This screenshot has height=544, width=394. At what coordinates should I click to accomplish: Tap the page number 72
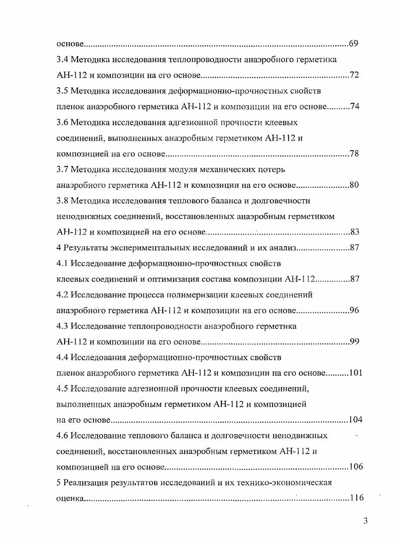coord(354,76)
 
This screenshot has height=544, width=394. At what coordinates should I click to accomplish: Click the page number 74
coord(354,107)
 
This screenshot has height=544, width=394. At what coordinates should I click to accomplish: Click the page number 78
coord(354,154)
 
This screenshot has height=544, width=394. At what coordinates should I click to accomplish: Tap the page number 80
coord(354,185)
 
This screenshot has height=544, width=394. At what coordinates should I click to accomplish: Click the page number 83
coord(354,232)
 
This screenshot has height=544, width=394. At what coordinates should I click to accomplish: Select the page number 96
coord(354,311)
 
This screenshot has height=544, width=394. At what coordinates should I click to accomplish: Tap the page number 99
coord(354,342)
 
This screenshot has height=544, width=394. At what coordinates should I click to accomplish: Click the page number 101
coord(355,373)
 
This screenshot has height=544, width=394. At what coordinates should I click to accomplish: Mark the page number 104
coord(355,420)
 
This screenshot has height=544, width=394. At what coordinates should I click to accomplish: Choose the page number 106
coord(355,467)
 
